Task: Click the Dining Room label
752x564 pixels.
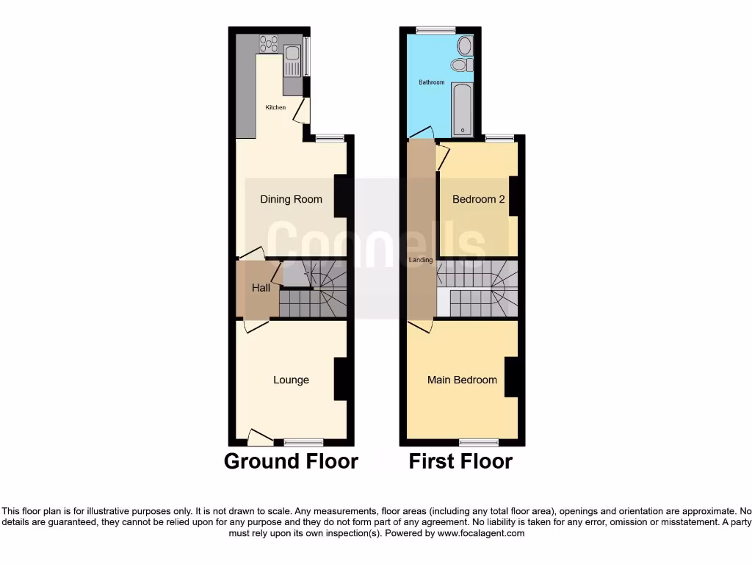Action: click(x=291, y=199)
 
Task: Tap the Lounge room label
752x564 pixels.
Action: click(x=291, y=380)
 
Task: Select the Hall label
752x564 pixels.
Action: click(x=261, y=288)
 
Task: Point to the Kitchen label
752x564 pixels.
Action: click(x=275, y=107)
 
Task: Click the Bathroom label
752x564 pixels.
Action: click(x=432, y=82)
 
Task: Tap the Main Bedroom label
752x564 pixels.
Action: click(x=462, y=380)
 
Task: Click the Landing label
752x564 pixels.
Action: click(x=421, y=260)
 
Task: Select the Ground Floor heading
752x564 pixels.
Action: click(x=291, y=461)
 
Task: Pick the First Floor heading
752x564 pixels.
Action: click(x=460, y=461)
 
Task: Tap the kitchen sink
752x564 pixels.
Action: click(x=292, y=52)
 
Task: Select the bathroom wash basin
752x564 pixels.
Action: click(x=460, y=65)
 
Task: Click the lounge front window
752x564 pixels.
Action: click(x=303, y=442)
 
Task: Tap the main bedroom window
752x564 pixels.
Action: click(x=479, y=442)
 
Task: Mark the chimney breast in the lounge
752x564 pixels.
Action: click(x=340, y=379)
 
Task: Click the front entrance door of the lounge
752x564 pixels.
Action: click(x=259, y=438)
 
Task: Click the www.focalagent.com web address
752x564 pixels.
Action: click(x=480, y=533)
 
